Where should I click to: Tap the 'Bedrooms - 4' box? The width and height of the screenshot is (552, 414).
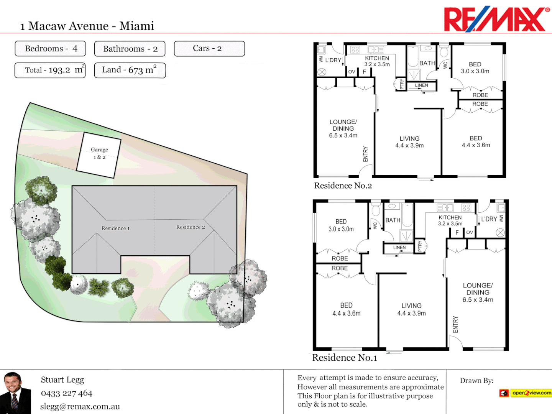click(50, 49)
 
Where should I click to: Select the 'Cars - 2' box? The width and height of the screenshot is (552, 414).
click(209, 49)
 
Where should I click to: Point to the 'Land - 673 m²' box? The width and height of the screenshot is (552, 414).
click(130, 70)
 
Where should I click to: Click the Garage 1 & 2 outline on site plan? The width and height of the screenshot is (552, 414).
click(99, 155)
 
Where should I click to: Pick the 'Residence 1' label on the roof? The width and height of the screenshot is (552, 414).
click(115, 228)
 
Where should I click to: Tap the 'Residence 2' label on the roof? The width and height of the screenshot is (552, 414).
click(191, 227)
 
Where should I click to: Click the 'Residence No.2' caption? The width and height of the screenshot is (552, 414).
click(343, 186)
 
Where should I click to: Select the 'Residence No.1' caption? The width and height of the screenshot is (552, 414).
click(345, 358)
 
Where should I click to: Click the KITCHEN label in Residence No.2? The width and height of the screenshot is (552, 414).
click(377, 58)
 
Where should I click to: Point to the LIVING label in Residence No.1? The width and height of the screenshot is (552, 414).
click(411, 306)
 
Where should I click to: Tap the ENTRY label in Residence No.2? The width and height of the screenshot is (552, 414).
click(365, 154)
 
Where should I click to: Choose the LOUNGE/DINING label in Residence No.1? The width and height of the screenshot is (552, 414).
click(478, 289)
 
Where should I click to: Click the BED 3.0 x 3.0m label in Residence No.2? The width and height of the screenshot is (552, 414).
click(475, 68)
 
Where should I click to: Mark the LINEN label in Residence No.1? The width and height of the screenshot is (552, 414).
click(399, 248)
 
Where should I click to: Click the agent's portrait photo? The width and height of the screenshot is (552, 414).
click(15, 393)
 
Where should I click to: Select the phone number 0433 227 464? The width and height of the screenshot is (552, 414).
click(67, 393)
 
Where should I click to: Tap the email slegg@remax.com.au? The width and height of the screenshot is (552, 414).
click(80, 407)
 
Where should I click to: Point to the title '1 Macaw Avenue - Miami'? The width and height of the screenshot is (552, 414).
click(87, 26)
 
